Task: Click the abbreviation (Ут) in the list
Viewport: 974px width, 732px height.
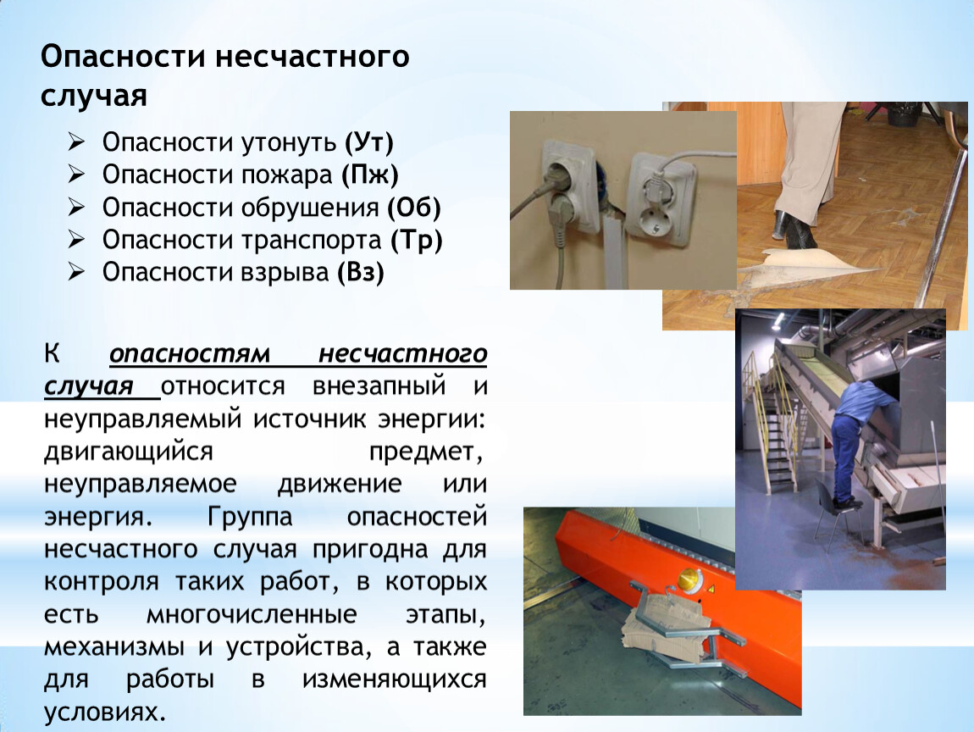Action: click(369, 143)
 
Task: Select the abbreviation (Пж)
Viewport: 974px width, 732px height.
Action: click(369, 175)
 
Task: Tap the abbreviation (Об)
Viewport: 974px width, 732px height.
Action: click(413, 208)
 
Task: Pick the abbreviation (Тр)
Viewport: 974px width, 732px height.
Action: click(416, 240)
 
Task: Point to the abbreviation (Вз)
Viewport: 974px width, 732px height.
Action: click(361, 272)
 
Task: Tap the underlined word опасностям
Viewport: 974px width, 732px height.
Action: click(190, 354)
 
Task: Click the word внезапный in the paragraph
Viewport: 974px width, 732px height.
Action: click(379, 385)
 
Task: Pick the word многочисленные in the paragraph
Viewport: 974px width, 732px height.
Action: click(252, 614)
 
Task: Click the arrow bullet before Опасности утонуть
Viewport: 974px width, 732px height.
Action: click(76, 142)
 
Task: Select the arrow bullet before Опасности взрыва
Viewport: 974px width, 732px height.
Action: click(76, 272)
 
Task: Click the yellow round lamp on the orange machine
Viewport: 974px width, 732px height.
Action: click(688, 580)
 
